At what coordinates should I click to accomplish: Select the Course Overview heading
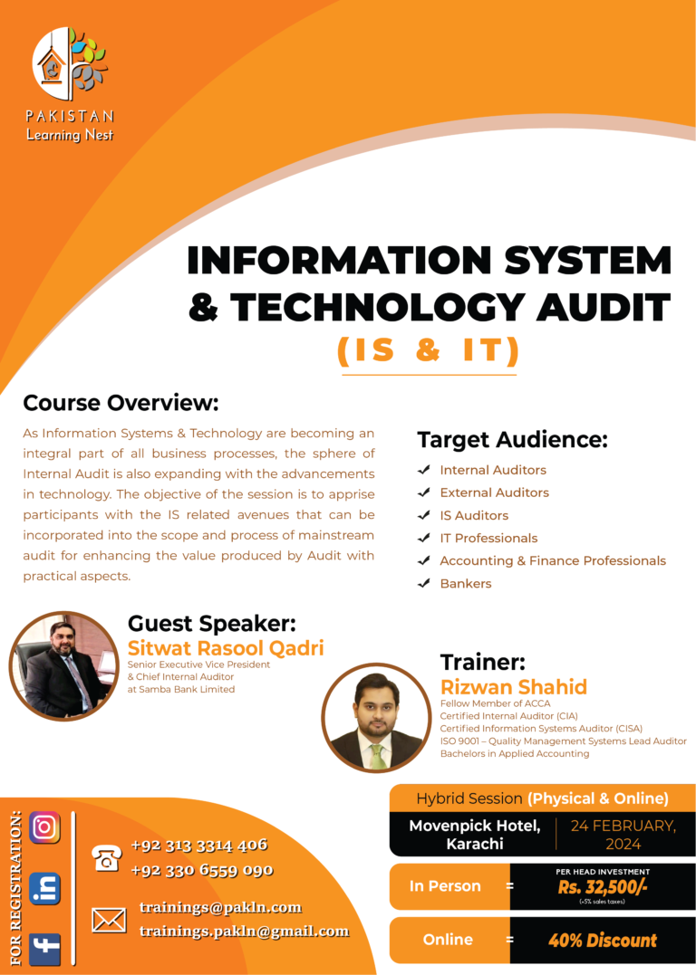121,402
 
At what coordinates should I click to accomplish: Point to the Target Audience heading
512,440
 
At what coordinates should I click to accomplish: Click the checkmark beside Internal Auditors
423,470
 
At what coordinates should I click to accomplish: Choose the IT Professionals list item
488,538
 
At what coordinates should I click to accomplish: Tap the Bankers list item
466,583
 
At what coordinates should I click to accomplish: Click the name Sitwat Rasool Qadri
226,648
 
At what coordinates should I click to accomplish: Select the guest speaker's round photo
63,665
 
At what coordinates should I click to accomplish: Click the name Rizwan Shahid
513,687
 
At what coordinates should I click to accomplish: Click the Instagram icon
44,827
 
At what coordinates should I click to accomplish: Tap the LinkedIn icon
44,888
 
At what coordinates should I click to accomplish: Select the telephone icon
108,857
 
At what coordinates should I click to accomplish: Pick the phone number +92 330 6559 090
202,870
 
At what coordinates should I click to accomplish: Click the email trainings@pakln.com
220,907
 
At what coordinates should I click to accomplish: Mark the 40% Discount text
603,941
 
